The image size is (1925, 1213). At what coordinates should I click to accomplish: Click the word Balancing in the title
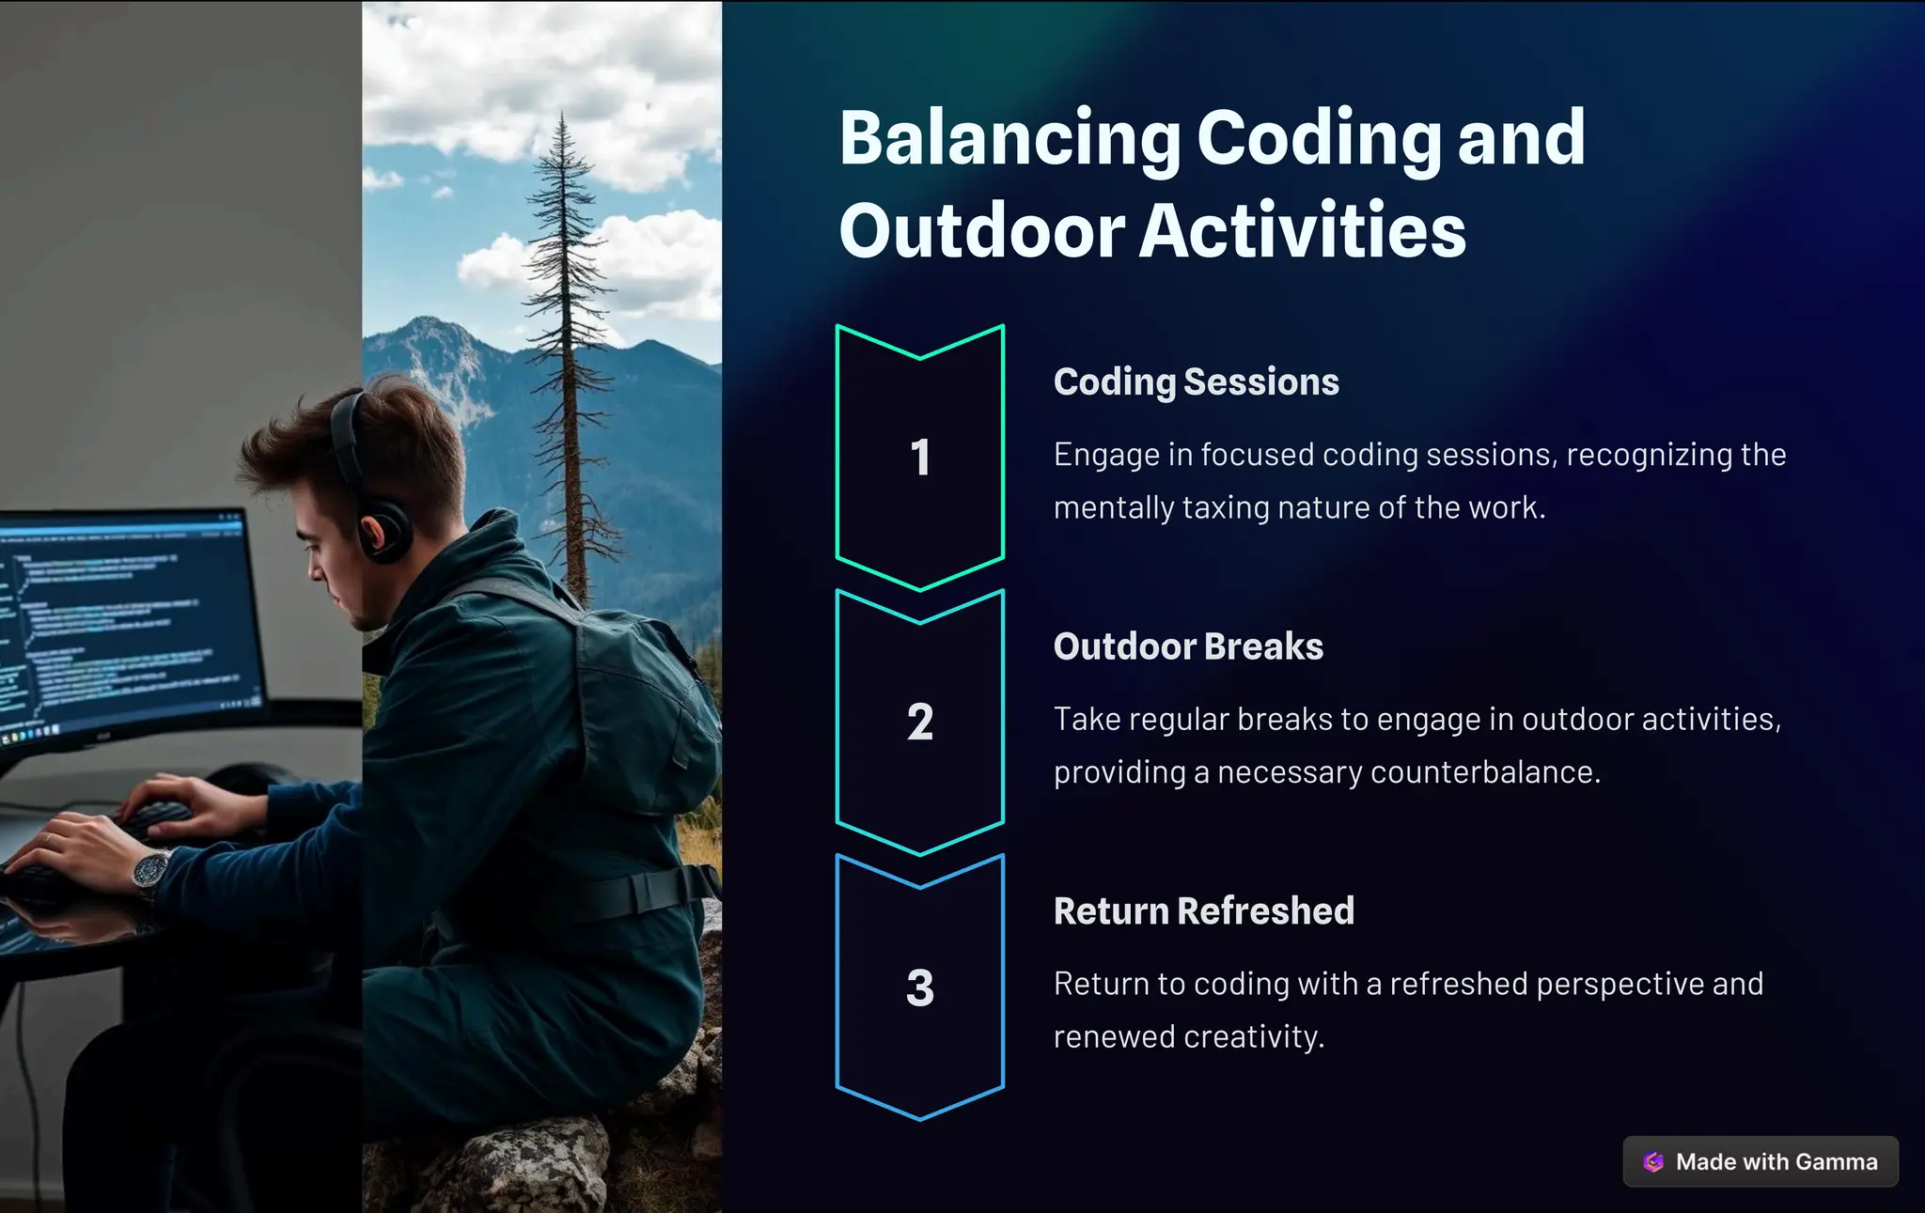coord(1009,139)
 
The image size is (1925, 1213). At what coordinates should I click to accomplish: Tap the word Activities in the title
coord(1302,231)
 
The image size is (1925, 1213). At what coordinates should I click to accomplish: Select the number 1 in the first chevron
coord(920,458)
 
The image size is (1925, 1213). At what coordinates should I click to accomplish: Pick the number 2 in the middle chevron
coord(920,723)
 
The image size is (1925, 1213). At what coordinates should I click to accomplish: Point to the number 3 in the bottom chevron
coord(920,988)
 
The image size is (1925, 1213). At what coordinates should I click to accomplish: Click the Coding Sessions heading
coord(1196,382)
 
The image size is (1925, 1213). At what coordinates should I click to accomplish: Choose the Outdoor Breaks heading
coord(1188,646)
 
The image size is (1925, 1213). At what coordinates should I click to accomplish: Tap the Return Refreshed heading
coord(1203,911)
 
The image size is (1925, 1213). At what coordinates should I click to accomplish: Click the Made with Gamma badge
coord(1761,1162)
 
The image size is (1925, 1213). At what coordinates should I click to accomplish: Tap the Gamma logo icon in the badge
coord(1653,1162)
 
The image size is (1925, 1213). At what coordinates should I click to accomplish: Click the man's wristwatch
coord(149,869)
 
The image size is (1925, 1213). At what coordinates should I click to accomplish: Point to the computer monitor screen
coord(122,620)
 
